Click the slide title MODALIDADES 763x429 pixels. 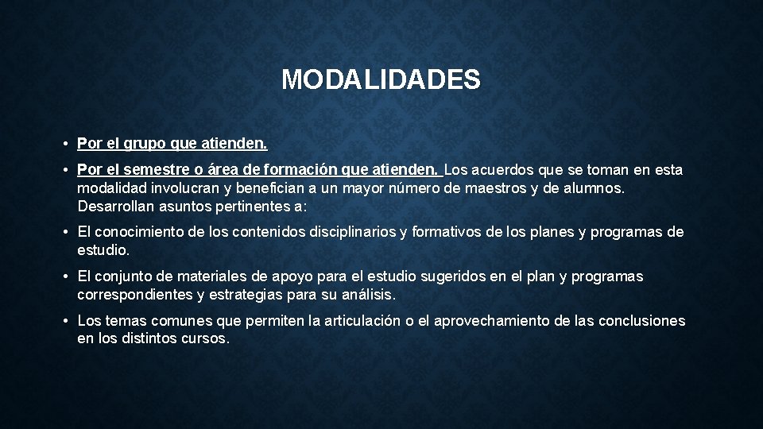[x=381, y=79]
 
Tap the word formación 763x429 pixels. [x=304, y=170]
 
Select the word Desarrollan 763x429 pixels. [x=116, y=206]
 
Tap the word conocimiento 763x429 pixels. [x=135, y=232]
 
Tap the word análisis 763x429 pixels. [x=366, y=295]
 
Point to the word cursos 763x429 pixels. [x=204, y=338]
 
